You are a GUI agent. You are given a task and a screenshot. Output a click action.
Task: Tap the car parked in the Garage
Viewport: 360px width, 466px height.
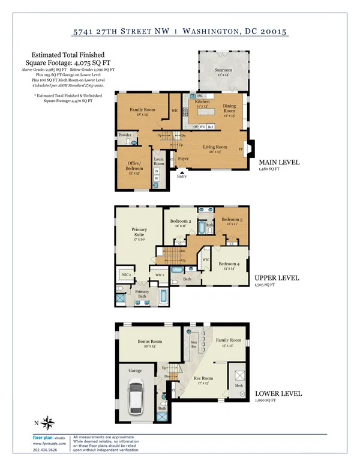pos(136,397)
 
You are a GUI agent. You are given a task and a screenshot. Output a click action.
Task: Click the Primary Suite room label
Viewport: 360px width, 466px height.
pos(139,232)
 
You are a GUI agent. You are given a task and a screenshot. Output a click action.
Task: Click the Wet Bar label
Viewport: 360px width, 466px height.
pos(194,345)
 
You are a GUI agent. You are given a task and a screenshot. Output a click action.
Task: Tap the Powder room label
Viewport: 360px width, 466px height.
pos(125,135)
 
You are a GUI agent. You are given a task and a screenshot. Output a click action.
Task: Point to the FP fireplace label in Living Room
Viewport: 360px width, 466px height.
pos(241,148)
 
